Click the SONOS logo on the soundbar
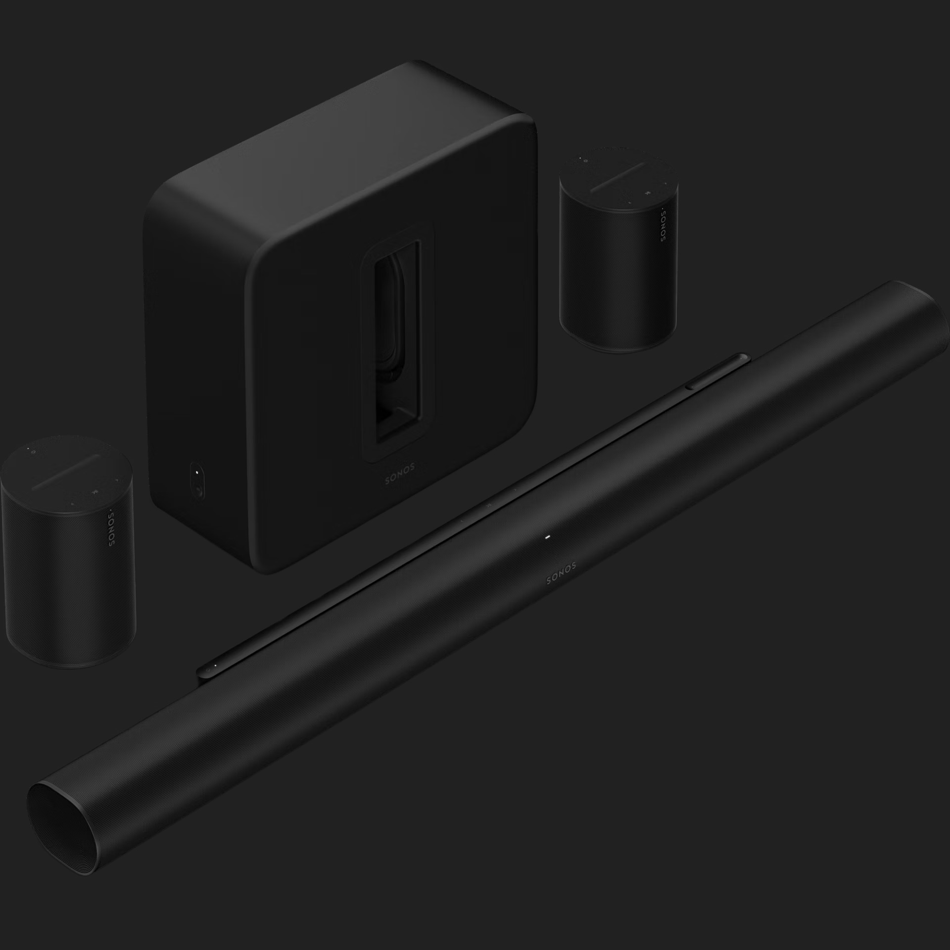click(x=561, y=574)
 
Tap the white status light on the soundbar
click(x=547, y=537)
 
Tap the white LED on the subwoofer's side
click(x=197, y=472)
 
